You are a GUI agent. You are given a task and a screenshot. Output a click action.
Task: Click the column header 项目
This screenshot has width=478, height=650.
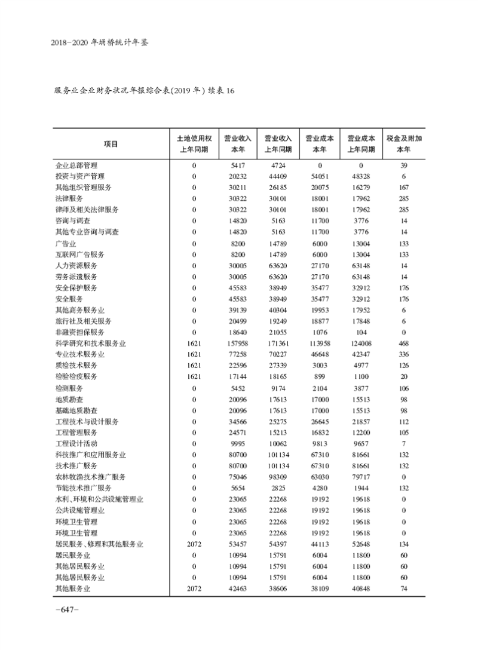point(111,143)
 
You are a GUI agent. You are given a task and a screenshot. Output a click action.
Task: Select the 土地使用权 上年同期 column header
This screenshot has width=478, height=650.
point(194,143)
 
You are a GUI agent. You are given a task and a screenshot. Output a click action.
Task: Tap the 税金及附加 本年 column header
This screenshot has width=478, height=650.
point(405,143)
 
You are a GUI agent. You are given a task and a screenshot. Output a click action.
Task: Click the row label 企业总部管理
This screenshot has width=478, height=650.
point(76,165)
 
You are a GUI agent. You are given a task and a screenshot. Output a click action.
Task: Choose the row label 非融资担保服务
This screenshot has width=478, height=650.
point(79,332)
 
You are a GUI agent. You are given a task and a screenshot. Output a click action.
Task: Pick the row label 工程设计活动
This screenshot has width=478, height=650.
point(76,443)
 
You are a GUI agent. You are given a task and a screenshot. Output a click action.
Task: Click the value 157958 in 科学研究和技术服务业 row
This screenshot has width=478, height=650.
point(238,343)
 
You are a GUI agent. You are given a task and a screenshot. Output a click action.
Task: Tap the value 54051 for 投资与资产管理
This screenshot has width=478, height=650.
point(320,176)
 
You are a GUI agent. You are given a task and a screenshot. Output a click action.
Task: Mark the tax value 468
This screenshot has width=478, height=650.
point(405,343)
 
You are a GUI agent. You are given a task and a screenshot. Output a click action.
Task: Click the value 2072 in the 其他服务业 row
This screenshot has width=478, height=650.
point(194,588)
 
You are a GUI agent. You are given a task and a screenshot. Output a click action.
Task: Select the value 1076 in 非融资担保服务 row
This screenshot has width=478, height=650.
point(320,332)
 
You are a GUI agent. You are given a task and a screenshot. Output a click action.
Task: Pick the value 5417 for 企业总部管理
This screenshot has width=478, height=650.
point(238,165)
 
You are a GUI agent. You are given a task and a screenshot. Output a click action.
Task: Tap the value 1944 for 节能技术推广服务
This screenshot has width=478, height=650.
point(361,488)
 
